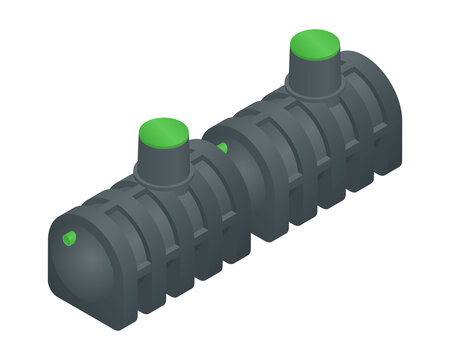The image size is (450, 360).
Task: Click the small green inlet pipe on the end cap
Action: (70, 238)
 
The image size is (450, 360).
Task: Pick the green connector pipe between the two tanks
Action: (222, 149)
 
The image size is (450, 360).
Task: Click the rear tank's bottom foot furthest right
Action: (385, 170)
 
